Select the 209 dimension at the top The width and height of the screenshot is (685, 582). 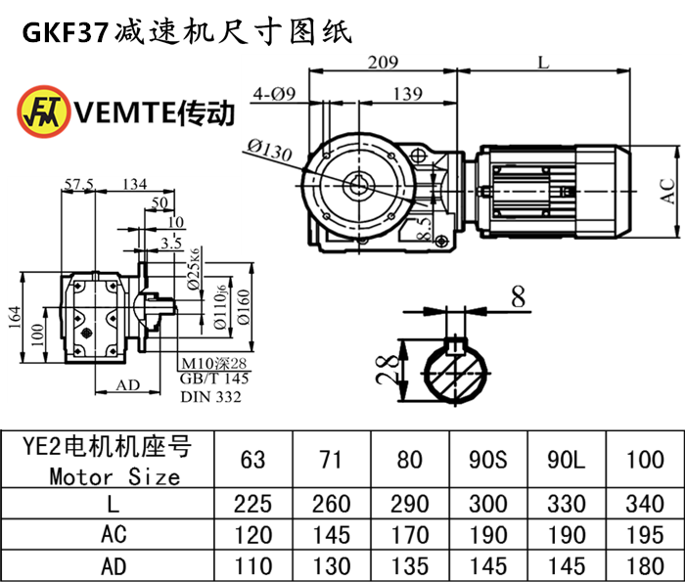coord(383,63)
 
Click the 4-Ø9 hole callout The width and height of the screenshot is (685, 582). coord(274,94)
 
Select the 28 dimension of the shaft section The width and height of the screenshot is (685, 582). coord(388,369)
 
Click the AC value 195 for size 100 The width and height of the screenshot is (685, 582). coord(644,535)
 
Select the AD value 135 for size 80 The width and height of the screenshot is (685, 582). coord(409,565)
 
